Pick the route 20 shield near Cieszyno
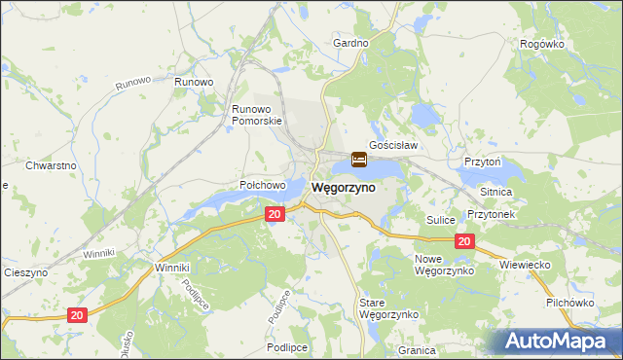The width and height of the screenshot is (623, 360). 78,313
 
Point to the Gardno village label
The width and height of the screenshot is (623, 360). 350,44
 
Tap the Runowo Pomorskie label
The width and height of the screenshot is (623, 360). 256,115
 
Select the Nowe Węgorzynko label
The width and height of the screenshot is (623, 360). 444,265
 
